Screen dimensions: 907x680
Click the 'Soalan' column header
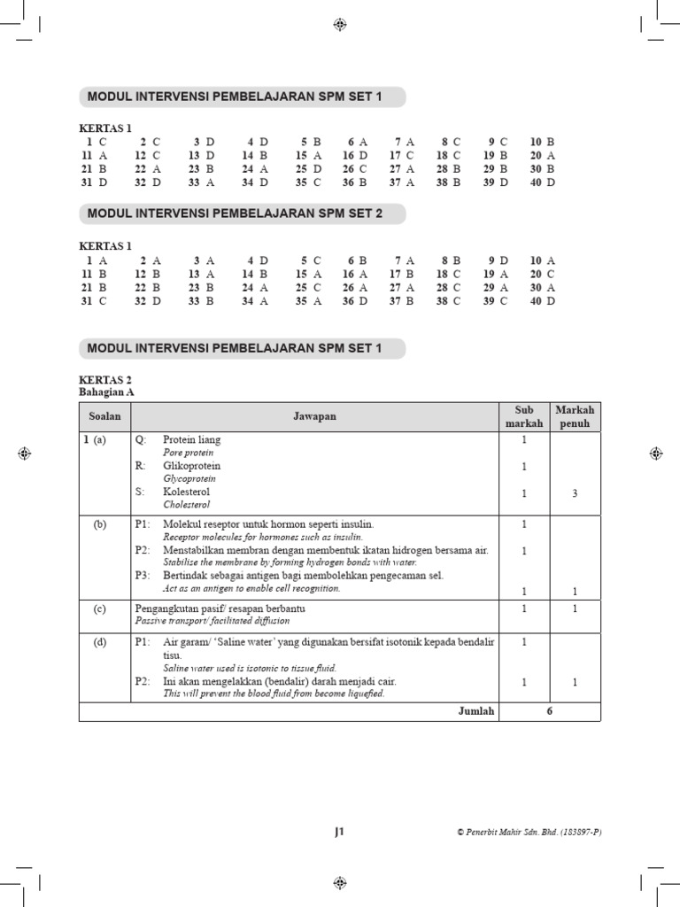tap(104, 416)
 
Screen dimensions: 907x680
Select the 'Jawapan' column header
tap(315, 416)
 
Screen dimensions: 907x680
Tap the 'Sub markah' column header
tap(523, 416)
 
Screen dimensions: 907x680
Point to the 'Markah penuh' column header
tap(575, 416)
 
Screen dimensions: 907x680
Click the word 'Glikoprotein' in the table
tap(191, 466)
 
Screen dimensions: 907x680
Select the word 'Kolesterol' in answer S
tap(186, 492)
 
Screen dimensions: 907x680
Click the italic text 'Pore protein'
tap(189, 453)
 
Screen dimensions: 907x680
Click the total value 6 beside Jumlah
tap(549, 711)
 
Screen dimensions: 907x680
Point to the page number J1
tap(339, 832)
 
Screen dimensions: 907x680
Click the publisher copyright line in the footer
tap(529, 833)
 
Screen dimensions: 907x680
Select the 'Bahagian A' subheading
tap(106, 391)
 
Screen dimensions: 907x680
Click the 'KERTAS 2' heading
tap(105, 379)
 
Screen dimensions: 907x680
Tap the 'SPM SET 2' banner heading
tap(236, 213)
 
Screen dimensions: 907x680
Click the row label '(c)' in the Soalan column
tap(100, 609)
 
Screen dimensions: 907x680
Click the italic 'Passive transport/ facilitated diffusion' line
tap(220, 622)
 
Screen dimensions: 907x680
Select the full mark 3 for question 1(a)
tap(575, 493)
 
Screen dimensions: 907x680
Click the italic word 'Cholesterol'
tap(187, 505)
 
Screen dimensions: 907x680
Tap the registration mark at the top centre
tap(339, 25)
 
